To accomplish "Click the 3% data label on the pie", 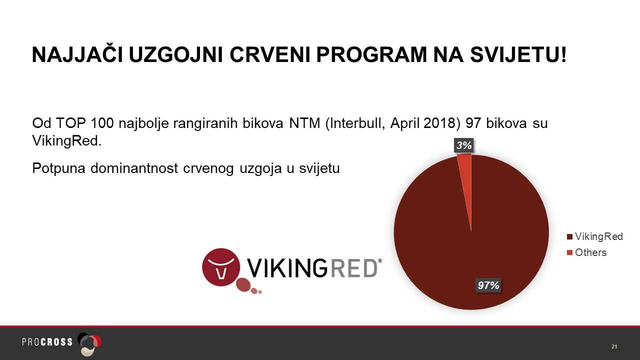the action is [463, 145].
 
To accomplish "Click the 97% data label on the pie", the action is [488, 285].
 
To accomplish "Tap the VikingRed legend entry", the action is [595, 236].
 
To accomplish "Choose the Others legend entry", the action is [586, 252].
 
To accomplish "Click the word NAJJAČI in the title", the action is [77, 54].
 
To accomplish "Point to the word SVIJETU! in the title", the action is [518, 54].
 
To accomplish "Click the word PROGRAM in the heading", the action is [371, 54].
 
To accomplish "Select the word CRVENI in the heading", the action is [269, 54].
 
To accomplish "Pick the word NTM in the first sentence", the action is [304, 123].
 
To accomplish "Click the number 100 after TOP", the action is [102, 123].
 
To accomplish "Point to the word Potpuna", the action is [58, 168].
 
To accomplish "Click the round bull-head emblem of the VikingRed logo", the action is [221, 267].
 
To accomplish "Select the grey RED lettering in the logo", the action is [353, 268].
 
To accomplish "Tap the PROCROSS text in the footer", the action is [47, 342].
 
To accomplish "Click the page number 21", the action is [614, 346].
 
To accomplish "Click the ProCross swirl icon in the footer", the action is [89, 344].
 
